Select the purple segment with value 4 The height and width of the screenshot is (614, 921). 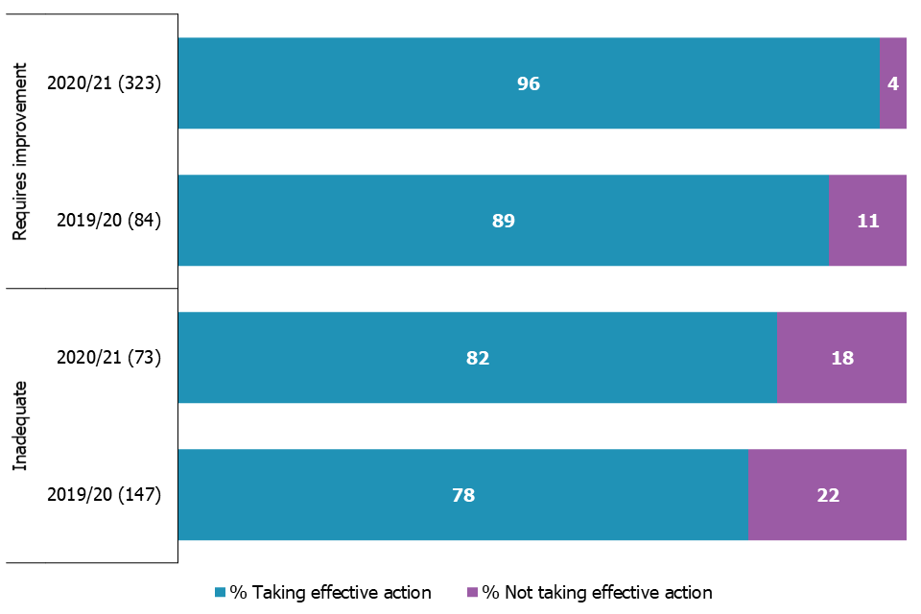(x=893, y=83)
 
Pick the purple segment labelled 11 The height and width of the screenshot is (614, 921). (x=867, y=221)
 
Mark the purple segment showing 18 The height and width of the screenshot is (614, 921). (x=841, y=358)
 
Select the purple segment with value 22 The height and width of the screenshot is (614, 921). (x=827, y=495)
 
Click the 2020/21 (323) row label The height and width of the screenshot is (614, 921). (x=105, y=83)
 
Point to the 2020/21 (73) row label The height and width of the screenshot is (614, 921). (x=109, y=358)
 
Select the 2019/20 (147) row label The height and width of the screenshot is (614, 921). (x=105, y=495)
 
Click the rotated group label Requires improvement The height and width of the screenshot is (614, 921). (x=19, y=152)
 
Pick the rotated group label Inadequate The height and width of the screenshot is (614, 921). (x=19, y=426)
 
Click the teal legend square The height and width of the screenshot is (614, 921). (x=220, y=593)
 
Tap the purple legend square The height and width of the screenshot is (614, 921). (x=471, y=593)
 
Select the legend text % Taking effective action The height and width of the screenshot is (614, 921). (x=330, y=593)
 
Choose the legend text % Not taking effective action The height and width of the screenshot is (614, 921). (x=597, y=593)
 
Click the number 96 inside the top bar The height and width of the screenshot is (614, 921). (x=529, y=83)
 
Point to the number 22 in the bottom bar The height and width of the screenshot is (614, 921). (x=827, y=495)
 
